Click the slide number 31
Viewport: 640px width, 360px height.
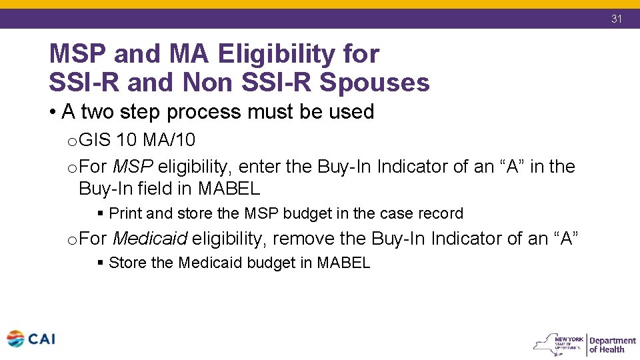[x=617, y=19]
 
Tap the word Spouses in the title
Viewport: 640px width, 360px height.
[x=375, y=83]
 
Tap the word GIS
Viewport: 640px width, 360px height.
[x=95, y=140]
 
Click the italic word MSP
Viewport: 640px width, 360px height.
[x=133, y=166]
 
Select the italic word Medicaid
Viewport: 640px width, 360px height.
[x=150, y=238]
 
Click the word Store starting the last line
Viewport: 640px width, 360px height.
[x=128, y=263]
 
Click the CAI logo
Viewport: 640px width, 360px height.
[x=31, y=339]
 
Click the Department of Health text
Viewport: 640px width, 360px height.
[x=612, y=344]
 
